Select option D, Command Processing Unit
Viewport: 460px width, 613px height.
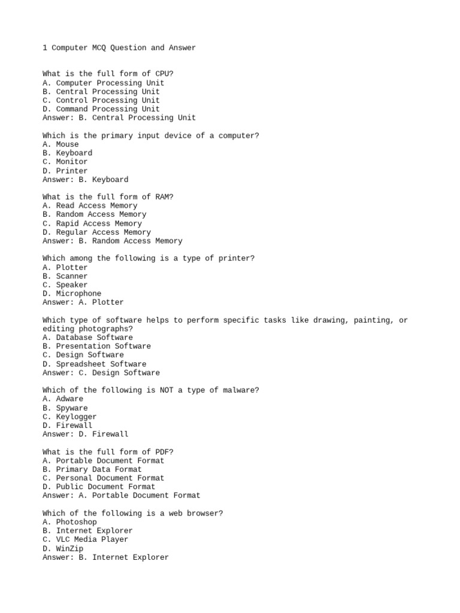[101, 109]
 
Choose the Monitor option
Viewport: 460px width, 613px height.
[65, 162]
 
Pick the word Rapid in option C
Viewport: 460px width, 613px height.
[67, 223]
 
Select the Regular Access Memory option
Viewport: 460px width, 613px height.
[96, 232]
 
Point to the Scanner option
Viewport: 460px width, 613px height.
[65, 276]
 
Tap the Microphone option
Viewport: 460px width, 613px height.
[72, 293]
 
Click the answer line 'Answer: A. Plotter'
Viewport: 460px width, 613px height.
[83, 302]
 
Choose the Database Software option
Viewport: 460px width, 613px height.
[87, 338]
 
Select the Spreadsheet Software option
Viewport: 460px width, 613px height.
[94, 364]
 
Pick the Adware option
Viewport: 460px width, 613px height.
[63, 399]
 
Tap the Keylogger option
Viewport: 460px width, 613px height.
[69, 417]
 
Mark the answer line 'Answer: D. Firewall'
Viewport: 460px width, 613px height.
[85, 434]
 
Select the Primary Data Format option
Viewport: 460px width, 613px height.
[92, 469]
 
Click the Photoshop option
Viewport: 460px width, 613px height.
[69, 522]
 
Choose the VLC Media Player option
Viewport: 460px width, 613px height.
[85, 539]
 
